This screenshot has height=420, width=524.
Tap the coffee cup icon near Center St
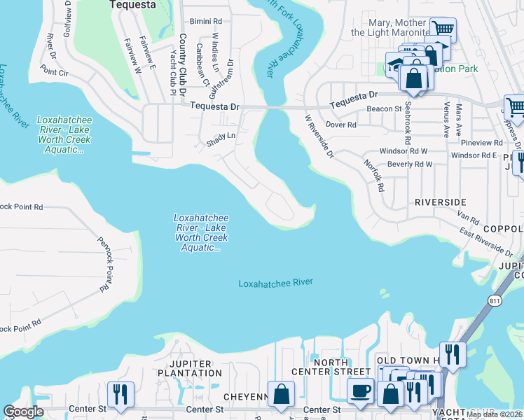pyautogui.click(x=361, y=392)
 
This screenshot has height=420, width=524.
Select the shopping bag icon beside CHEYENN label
pyautogui.click(x=281, y=394)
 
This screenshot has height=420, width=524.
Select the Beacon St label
pyautogui.click(x=384, y=109)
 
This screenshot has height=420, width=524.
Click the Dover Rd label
pyautogui.click(x=341, y=125)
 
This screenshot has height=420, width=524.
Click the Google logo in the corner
pyautogui.click(x=23, y=412)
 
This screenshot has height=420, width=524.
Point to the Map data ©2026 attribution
pyautogui.click(x=494, y=414)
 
